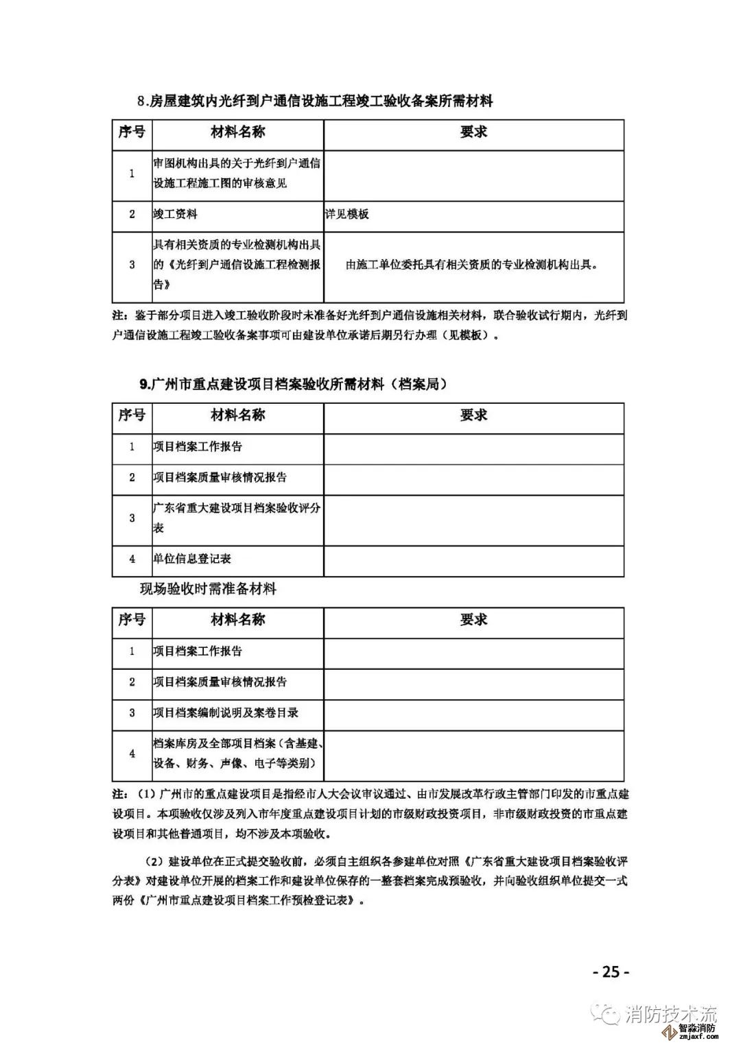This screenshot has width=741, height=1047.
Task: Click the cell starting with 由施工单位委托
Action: [x=473, y=265]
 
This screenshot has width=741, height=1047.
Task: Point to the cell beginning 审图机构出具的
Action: [x=237, y=173]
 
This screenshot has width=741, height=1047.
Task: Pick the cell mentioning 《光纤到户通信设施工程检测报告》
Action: [x=237, y=265]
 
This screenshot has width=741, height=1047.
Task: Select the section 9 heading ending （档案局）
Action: [x=294, y=385]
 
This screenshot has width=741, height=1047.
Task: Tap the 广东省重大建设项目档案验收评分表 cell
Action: [x=237, y=518]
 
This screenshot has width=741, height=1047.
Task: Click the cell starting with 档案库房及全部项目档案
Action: [x=237, y=754]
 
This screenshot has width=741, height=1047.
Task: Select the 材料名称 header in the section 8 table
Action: [x=237, y=132]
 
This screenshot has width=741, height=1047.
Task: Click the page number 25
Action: [x=610, y=972]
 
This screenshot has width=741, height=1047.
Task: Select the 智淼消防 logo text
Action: [x=697, y=1028]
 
